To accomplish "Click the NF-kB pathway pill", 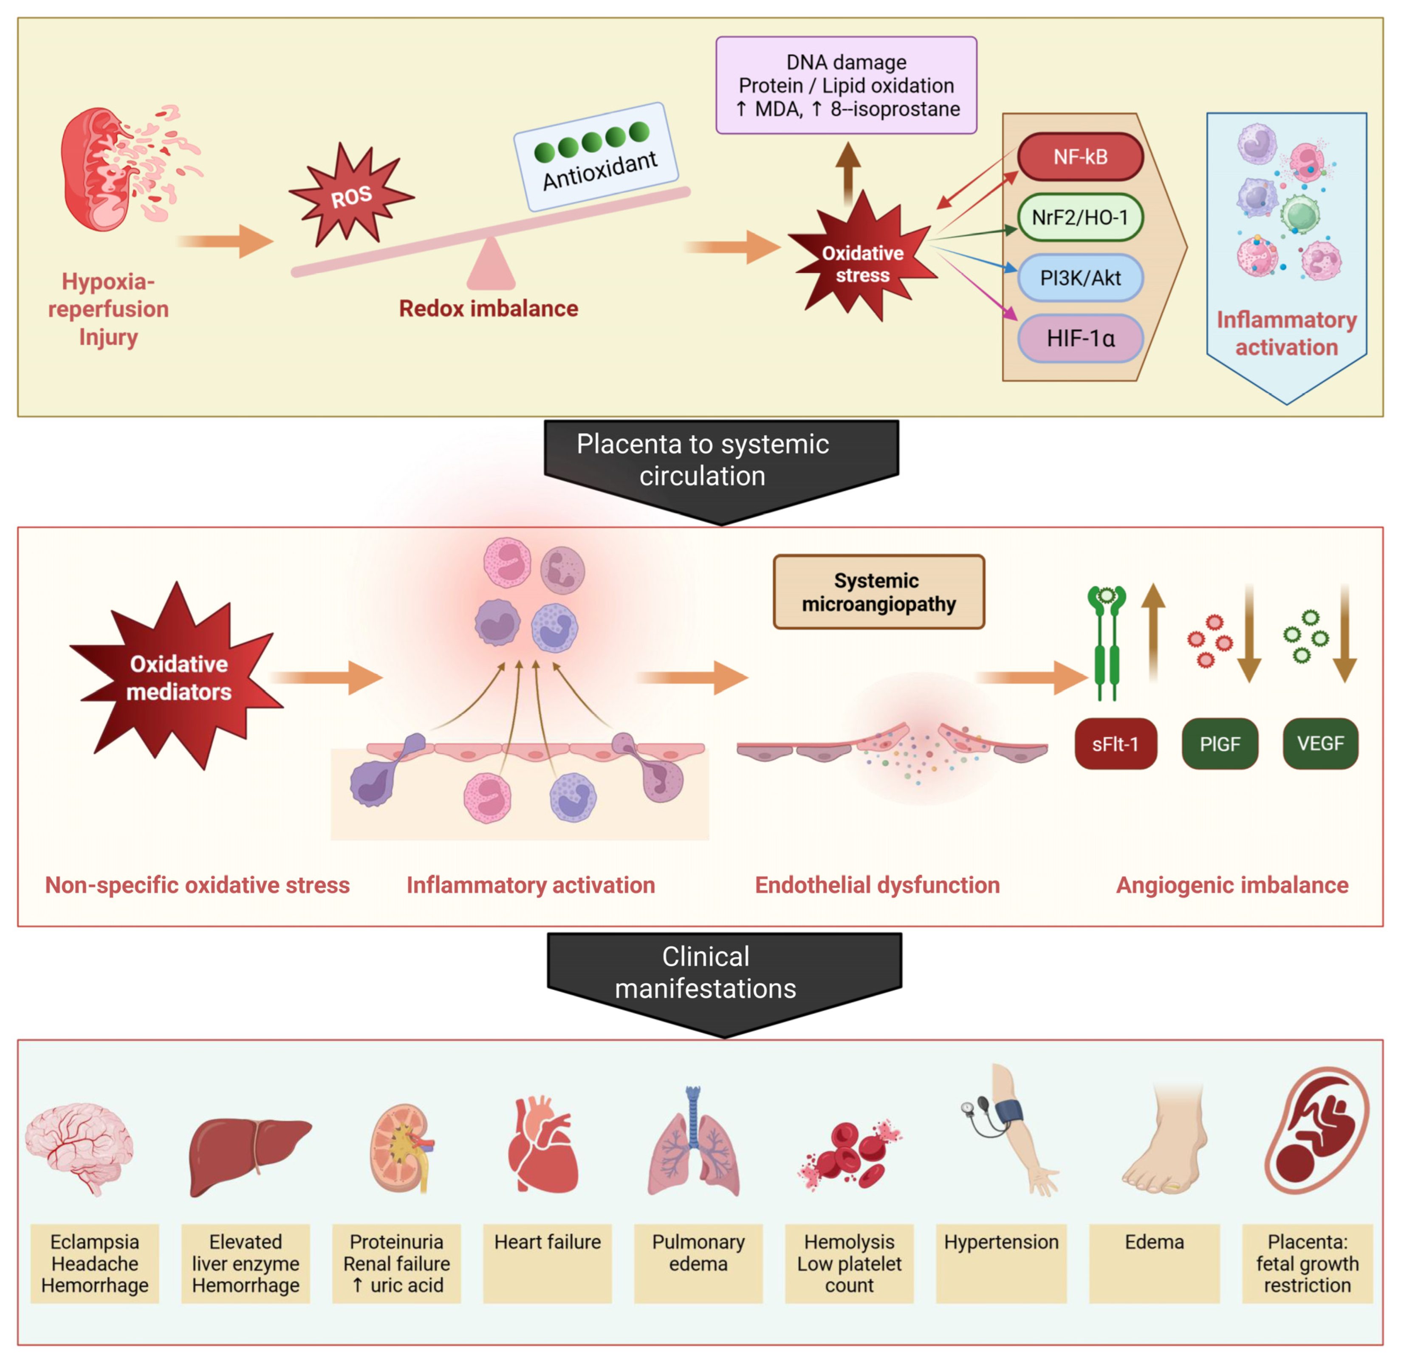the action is pyautogui.click(x=1080, y=157).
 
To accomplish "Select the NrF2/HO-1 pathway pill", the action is pyautogui.click(x=1080, y=217).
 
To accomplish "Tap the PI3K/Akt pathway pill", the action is pyautogui.click(x=1080, y=278).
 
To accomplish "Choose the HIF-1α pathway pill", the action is pyautogui.click(x=1080, y=338).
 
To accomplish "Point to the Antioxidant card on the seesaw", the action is pyautogui.click(x=596, y=157).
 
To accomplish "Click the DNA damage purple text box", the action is pyautogui.click(x=846, y=85).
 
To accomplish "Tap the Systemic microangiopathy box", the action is pyautogui.click(x=878, y=592).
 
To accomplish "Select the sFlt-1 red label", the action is pyautogui.click(x=1115, y=744).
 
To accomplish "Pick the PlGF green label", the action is pyautogui.click(x=1219, y=744).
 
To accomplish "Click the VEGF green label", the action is pyautogui.click(x=1320, y=744).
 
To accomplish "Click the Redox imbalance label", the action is pyautogui.click(x=488, y=309).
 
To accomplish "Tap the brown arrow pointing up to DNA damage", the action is pyautogui.click(x=848, y=172).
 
